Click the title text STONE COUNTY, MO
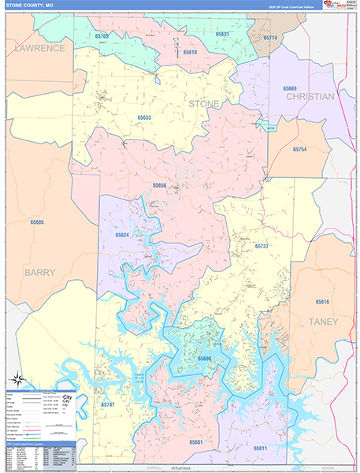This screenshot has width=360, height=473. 31,6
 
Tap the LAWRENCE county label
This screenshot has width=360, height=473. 39,48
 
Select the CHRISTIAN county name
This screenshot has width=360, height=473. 310,96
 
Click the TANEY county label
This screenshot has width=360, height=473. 323,322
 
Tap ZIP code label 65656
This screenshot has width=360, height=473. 160,185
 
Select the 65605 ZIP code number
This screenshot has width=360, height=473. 36,222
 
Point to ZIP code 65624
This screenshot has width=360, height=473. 121,235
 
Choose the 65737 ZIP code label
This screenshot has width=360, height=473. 262,246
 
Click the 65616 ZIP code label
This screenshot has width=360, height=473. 322,302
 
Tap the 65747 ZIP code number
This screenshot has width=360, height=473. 108,404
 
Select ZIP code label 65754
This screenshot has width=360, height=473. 299,149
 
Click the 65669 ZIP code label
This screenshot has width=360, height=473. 291,88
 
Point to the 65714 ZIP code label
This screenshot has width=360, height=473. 270,38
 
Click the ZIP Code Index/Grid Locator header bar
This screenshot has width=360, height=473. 39,445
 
